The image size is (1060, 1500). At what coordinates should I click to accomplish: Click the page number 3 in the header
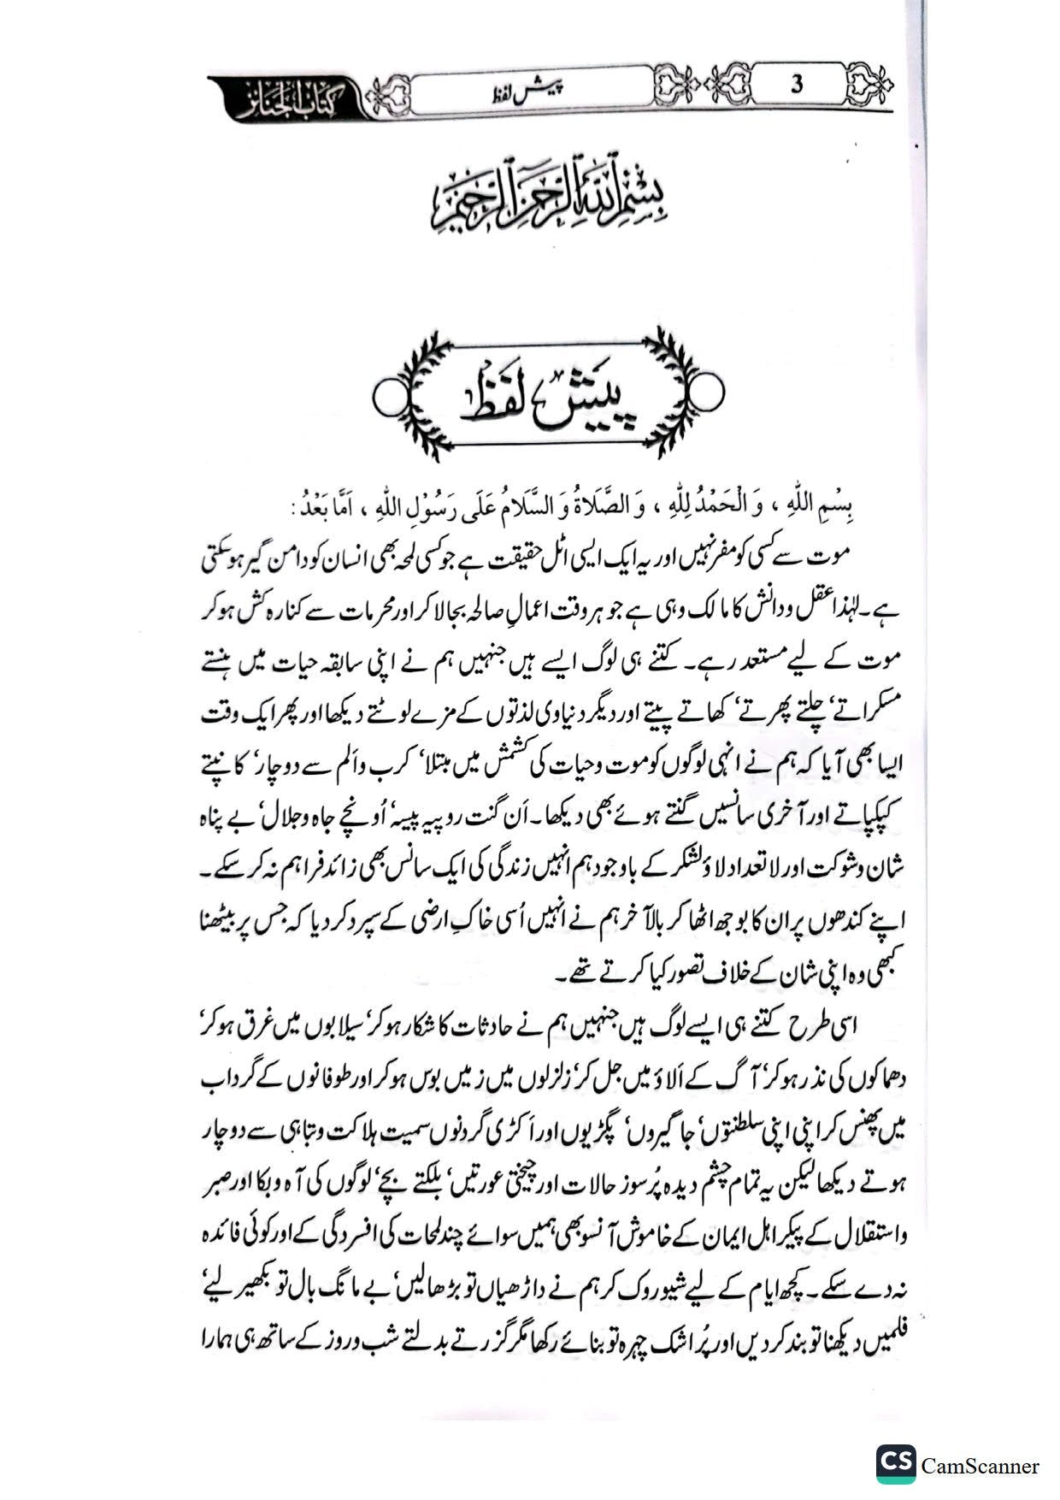[797, 85]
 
